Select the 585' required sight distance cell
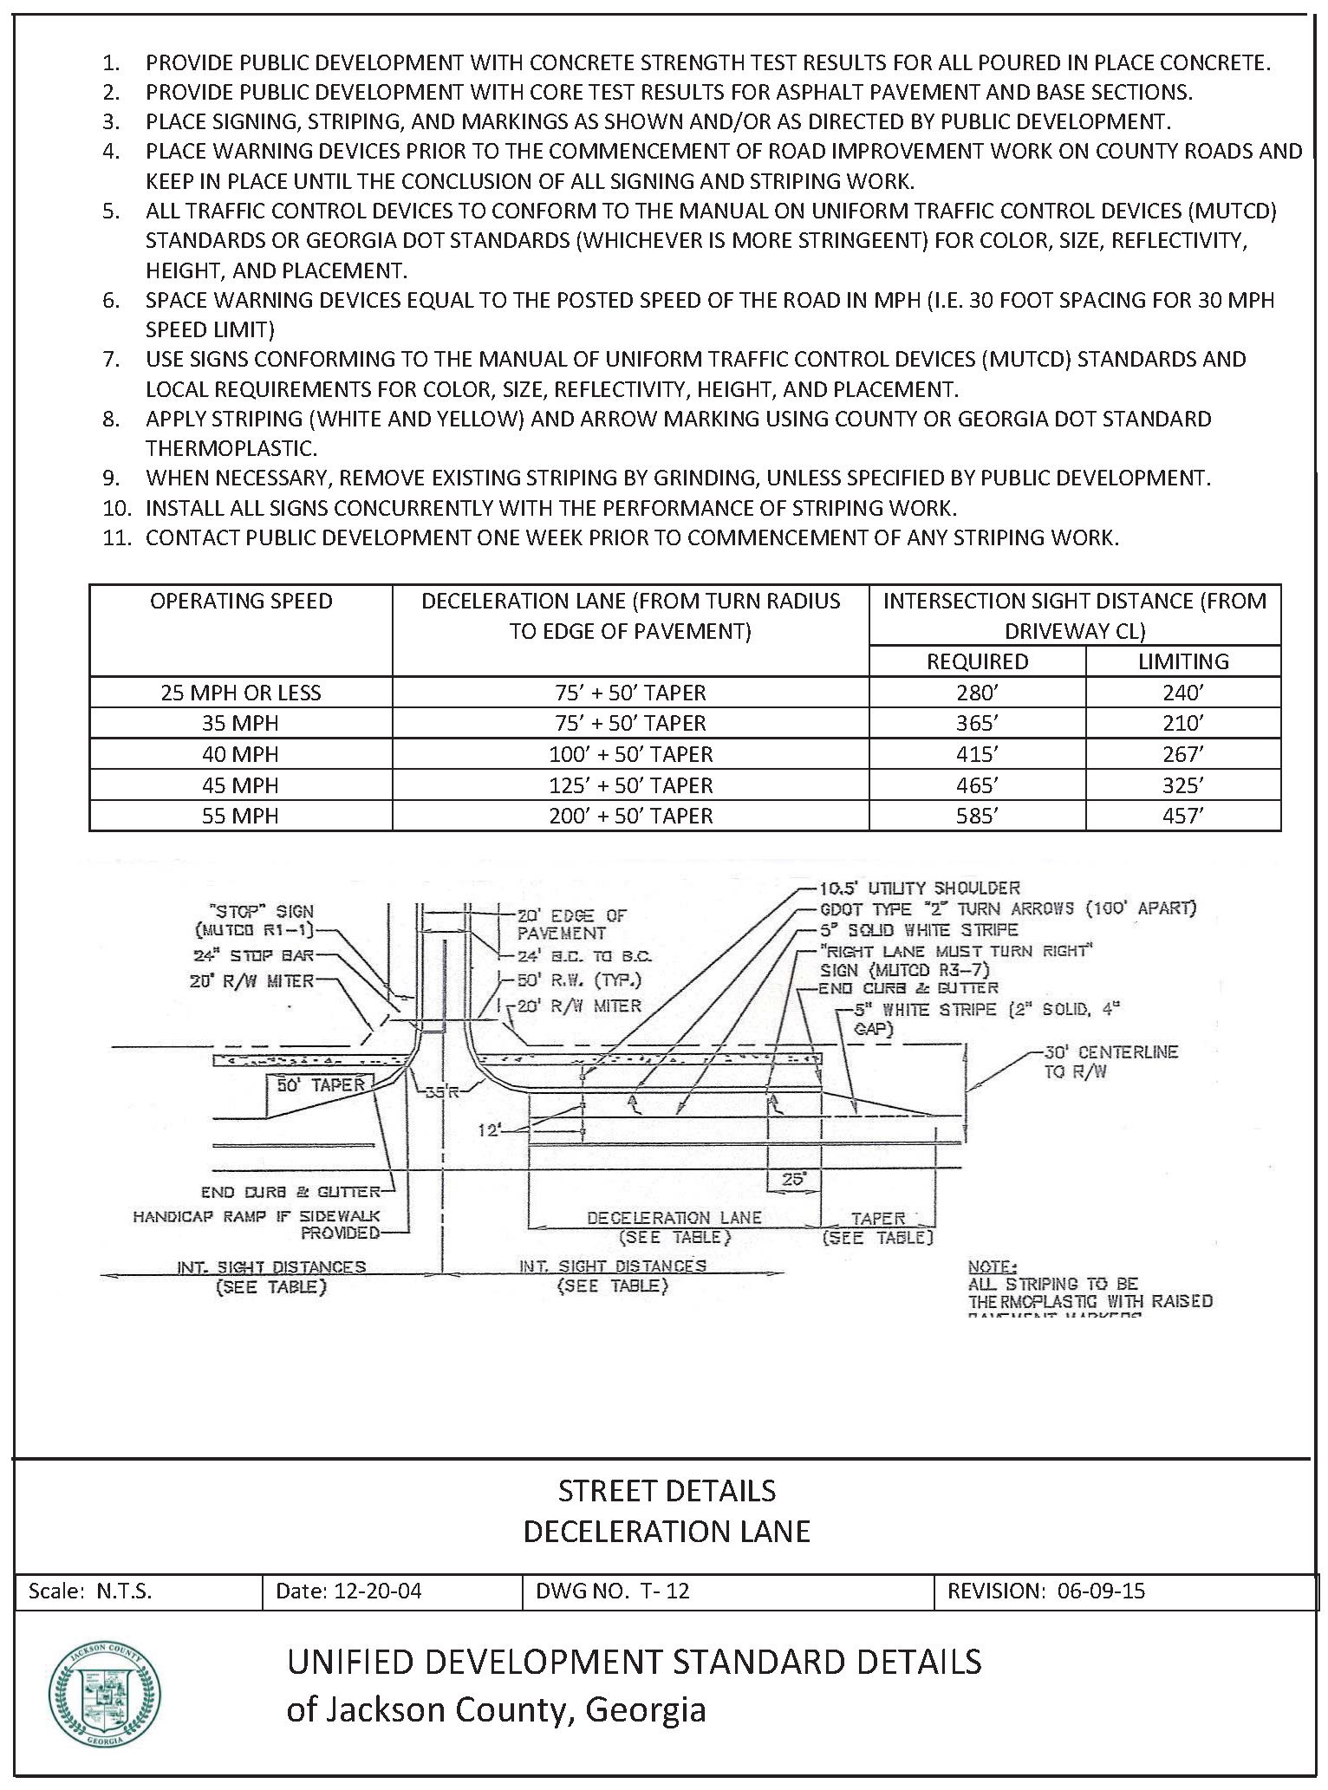(977, 816)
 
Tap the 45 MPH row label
(240, 785)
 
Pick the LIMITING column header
(1183, 661)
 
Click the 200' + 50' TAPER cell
(630, 816)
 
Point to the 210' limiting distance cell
(1183, 723)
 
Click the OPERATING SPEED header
(241, 602)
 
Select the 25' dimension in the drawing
(793, 1180)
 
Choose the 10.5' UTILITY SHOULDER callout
(920, 888)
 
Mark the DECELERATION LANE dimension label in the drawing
(674, 1218)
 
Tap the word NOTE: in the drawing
(990, 1266)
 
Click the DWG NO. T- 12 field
(613, 1591)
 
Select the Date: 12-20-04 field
(348, 1591)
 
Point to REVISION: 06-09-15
(1045, 1591)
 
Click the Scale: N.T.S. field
(90, 1591)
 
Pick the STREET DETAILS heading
(667, 1491)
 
